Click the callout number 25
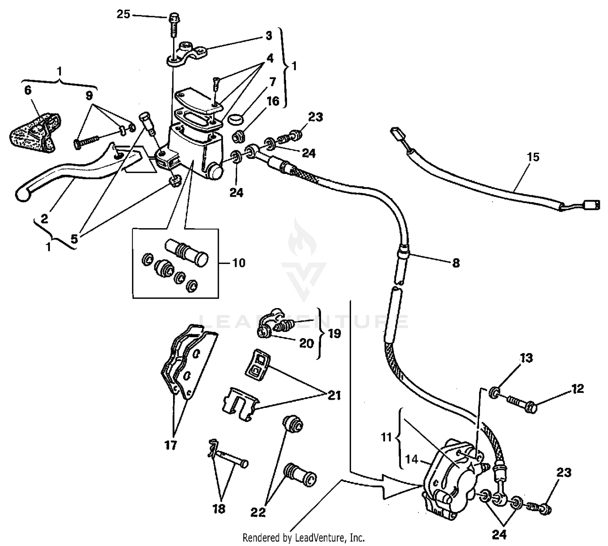(124, 15)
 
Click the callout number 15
(533, 157)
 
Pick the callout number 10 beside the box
(239, 263)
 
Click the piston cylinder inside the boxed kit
(186, 252)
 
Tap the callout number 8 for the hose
(456, 263)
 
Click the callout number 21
(334, 395)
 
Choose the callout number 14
(411, 459)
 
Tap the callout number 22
(258, 512)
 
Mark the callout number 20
(306, 343)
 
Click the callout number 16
(273, 101)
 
